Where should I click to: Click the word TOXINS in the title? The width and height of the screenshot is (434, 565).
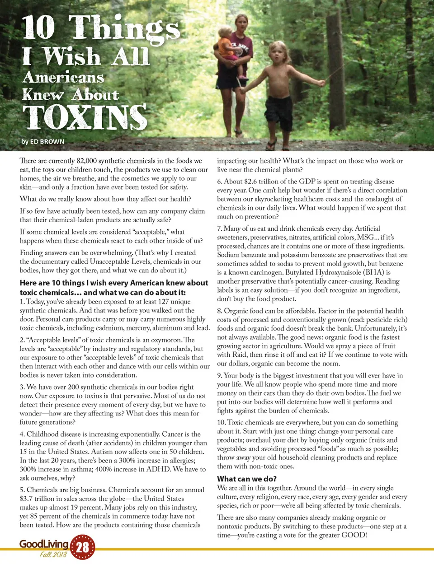coord(85,117)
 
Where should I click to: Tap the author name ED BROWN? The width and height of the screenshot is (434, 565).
coord(47,141)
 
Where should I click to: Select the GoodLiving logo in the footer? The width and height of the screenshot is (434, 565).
coord(43,544)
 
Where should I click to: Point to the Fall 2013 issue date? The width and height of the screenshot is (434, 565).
coord(53,555)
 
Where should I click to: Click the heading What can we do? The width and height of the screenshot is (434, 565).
coord(246,479)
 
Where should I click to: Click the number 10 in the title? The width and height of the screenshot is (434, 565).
coord(38,28)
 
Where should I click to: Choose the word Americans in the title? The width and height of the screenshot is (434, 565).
coord(63,78)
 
